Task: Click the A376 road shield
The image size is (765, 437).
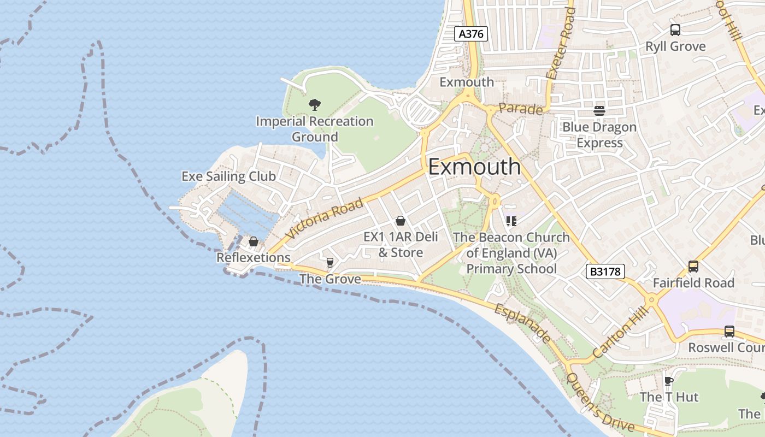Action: click(470, 34)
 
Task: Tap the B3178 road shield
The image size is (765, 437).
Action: click(605, 271)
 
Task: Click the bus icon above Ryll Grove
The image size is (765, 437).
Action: click(675, 30)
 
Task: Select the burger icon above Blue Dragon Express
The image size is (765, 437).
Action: click(599, 111)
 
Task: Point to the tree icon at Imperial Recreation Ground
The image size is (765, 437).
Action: click(314, 104)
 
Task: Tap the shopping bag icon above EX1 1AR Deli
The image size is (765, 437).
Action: click(401, 221)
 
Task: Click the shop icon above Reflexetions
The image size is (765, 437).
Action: click(254, 241)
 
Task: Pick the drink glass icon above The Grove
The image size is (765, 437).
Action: click(329, 263)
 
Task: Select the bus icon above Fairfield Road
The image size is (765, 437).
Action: click(693, 267)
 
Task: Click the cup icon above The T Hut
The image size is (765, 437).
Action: click(668, 381)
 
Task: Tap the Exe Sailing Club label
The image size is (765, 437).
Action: click(228, 176)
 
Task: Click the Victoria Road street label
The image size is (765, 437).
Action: click(324, 218)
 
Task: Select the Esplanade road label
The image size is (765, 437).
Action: click(522, 324)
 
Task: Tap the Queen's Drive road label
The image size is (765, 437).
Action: click(600, 403)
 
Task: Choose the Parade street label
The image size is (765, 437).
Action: click(521, 109)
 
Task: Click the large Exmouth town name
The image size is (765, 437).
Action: click(474, 167)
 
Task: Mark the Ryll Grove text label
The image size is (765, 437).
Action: click(675, 46)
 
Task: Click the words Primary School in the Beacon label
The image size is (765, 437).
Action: click(511, 269)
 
